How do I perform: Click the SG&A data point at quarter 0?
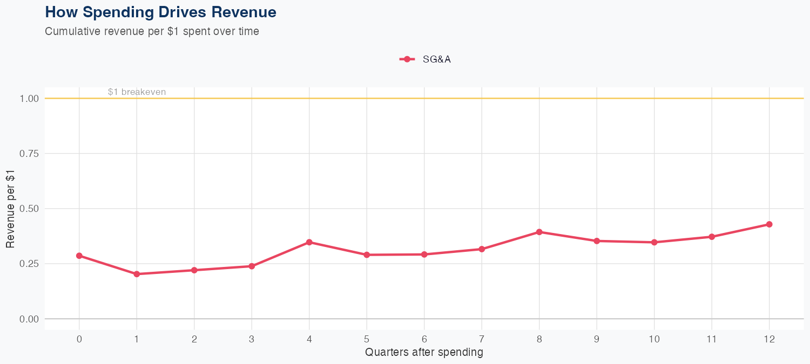79,256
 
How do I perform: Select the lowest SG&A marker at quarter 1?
137,274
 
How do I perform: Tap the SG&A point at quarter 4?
309,242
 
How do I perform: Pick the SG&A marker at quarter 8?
539,232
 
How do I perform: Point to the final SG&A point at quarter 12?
769,224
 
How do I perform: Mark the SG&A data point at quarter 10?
654,242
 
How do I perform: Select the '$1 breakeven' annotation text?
137,92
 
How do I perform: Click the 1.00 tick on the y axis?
29,99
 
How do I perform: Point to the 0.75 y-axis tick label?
29,154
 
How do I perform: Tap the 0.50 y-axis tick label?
29,209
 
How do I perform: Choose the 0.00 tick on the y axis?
29,319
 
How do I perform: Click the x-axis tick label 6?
424,339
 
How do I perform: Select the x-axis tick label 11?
712,339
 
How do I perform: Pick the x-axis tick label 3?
252,339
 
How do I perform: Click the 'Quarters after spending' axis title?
424,353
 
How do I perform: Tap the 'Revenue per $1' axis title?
11,209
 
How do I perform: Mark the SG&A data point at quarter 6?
424,254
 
